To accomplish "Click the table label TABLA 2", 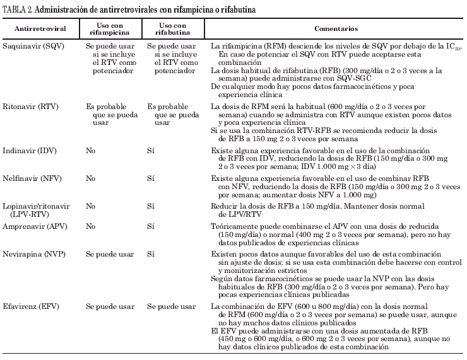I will coord(22,8).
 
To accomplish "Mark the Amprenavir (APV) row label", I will coord(33,224).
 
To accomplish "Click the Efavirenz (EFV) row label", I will coord(32,306).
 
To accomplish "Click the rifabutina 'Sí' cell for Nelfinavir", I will coord(151,179).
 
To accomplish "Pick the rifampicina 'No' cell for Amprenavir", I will coord(91,224).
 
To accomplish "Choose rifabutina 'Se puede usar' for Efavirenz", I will coord(171,306).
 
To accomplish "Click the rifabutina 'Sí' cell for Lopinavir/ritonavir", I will coord(151,206).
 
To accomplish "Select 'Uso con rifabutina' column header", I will coord(172,29).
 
